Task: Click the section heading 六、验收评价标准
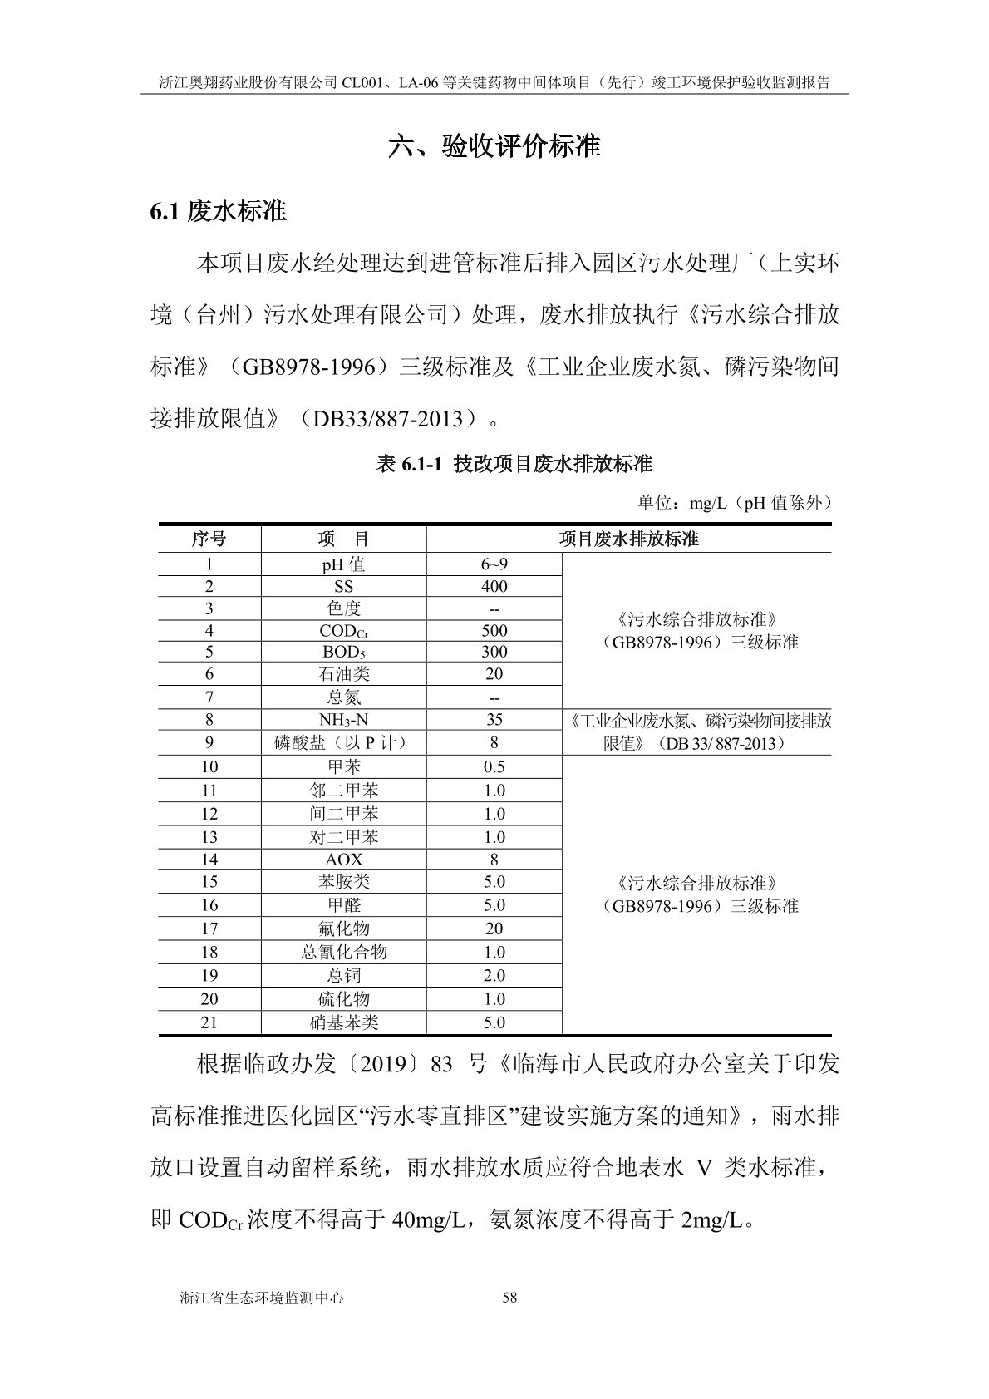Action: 494,147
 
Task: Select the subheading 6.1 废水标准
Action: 218,211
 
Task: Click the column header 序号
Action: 209,539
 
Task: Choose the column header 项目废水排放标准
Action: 628,539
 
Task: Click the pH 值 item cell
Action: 343,564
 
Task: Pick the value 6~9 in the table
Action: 494,564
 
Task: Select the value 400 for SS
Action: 494,586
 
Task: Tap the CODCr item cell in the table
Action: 343,631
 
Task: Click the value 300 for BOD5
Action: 494,653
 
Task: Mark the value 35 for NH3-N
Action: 494,720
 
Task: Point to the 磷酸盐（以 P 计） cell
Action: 343,742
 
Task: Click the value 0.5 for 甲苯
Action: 494,766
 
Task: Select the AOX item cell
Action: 343,860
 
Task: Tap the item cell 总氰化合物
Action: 343,952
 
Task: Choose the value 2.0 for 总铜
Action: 494,975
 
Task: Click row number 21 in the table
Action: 209,1022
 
